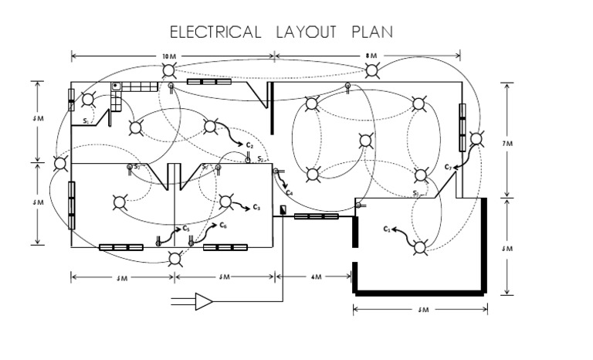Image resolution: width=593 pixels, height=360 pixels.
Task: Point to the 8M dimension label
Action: coord(372,56)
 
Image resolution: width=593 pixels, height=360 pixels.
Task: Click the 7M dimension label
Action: coord(507,143)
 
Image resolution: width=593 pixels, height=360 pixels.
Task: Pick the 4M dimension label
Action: coord(315,276)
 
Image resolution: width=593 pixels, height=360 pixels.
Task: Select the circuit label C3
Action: coord(257,207)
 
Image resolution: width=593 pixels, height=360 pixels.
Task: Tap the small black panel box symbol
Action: coord(283,209)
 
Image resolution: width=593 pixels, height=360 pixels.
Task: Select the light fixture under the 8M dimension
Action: coord(372,71)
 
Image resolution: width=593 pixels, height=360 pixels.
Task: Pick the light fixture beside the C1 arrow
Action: coord(419,247)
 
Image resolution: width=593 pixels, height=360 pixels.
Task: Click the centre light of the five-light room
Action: coord(366,141)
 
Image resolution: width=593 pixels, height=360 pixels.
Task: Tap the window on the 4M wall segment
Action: coord(315,217)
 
